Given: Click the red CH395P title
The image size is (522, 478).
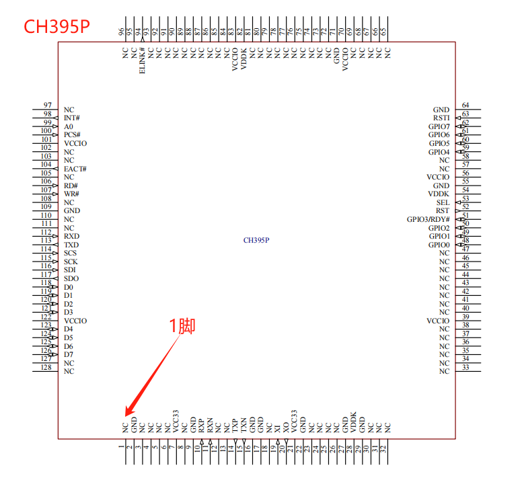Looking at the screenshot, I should tap(57, 26).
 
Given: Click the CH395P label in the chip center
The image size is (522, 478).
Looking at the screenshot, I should tap(256, 240).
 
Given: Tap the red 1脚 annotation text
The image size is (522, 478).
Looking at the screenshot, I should tap(182, 326).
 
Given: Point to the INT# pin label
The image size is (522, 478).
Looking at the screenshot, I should tap(72, 118).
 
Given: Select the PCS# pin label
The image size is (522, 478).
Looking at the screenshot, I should tap(72, 135).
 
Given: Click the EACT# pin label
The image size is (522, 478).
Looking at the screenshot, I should tap(75, 169).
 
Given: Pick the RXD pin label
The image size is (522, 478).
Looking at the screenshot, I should tap(71, 237).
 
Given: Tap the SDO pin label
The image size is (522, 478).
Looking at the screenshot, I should tap(71, 279).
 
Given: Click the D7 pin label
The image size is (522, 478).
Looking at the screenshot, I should tap(69, 354).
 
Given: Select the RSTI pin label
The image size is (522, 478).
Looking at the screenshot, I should tap(441, 118).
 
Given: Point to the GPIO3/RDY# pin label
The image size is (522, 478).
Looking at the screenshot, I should tap(428, 219).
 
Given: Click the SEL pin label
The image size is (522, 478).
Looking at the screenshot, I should tap(443, 202).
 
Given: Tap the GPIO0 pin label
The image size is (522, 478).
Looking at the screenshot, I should tap(439, 245).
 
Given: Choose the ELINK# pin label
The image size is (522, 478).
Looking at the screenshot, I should tap(142, 61).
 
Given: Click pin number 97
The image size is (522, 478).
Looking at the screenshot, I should tap(47, 106).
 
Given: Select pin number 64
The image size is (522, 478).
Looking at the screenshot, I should tap(465, 106).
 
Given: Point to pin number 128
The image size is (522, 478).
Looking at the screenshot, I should tap(46, 367).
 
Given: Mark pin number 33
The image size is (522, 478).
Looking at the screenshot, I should tap(465, 367).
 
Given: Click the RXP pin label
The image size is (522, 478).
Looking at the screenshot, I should tap(201, 425).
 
